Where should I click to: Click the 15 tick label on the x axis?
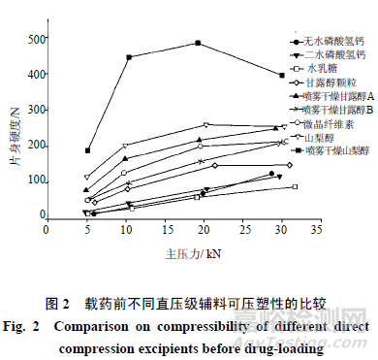pyautogui.click(x=157, y=229)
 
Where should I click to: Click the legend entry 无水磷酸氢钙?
pyautogui.click(x=331, y=42)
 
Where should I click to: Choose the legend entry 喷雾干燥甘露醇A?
pyautogui.click(x=337, y=97)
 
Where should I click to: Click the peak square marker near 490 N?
pyautogui.click(x=198, y=43)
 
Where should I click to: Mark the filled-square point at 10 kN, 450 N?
pyautogui.click(x=128, y=57)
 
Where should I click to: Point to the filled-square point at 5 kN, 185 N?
pyautogui.click(x=87, y=151)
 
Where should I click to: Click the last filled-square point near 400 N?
pyautogui.click(x=282, y=75)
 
